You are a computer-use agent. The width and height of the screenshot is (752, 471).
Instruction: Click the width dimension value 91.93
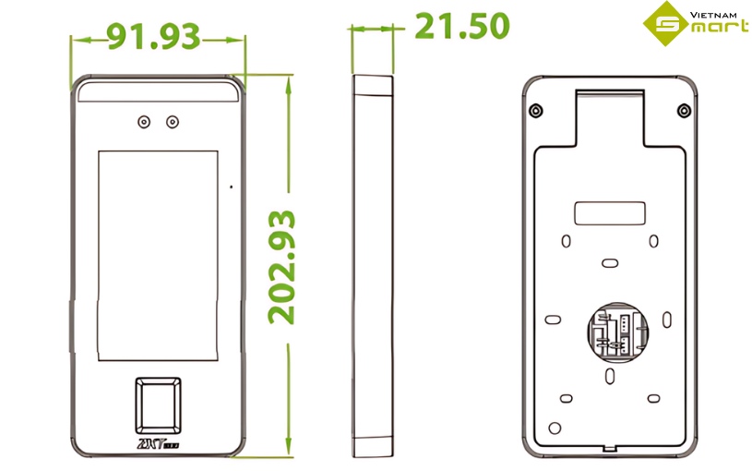154,36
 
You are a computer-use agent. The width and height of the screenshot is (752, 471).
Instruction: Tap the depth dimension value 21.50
461,27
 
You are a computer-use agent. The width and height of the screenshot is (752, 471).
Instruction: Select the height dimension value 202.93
282,267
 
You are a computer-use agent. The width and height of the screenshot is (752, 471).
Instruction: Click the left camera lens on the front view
144,122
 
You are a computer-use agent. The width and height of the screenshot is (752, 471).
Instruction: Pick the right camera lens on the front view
173,122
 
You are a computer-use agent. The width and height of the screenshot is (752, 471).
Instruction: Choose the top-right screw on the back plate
684,112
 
